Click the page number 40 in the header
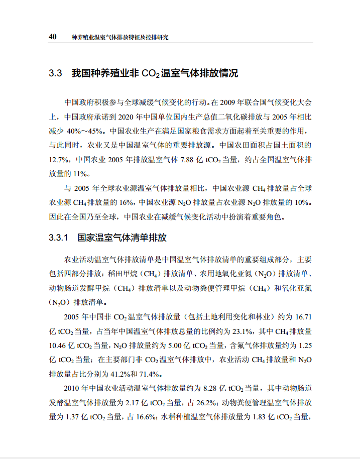52,37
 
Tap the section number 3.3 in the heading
55,73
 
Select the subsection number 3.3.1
58,237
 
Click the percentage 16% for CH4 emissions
127,203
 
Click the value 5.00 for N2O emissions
169,346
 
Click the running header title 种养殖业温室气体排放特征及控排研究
121,37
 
